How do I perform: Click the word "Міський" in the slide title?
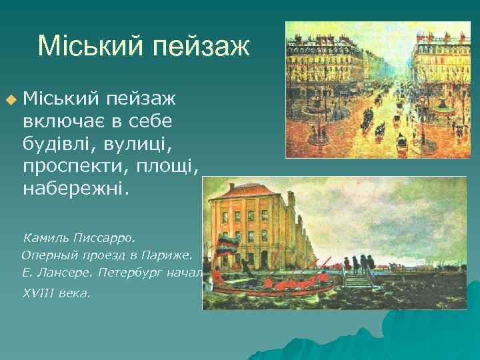tap(91, 46)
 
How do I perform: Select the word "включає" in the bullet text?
tap(63, 121)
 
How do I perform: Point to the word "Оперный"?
tap(48, 254)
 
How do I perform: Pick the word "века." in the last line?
tap(77, 292)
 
